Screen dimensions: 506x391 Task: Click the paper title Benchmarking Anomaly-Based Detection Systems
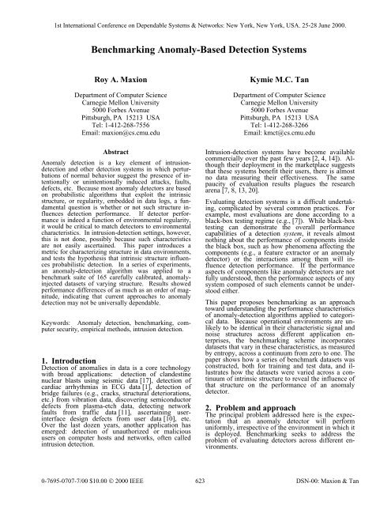(195, 49)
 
